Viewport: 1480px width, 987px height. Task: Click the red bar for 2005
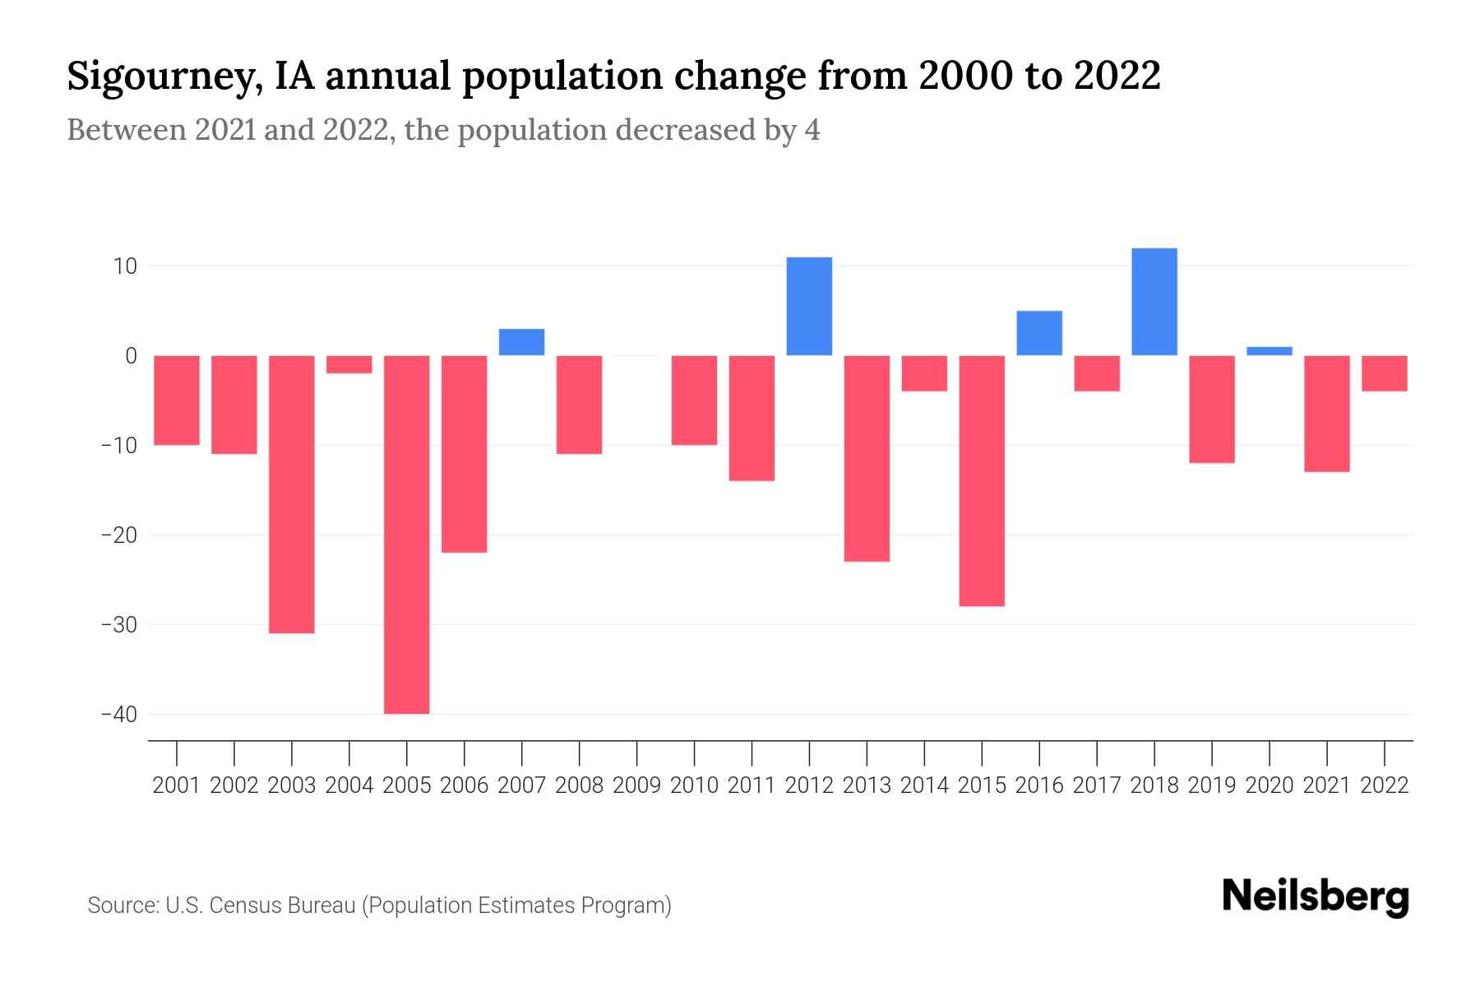point(406,535)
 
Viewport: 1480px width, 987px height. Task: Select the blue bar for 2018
point(1154,302)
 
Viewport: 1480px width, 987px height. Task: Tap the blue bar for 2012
point(809,306)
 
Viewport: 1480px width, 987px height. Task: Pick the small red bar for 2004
point(349,364)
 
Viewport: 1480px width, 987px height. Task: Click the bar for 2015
point(982,481)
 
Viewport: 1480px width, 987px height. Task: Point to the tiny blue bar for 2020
point(1269,351)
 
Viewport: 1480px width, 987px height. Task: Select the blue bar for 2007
point(521,342)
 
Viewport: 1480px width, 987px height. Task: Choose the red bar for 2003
point(292,493)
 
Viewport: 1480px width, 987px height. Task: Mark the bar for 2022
point(1384,373)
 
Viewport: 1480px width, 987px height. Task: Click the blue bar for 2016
point(1039,333)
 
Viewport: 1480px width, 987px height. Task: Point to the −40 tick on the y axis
point(119,714)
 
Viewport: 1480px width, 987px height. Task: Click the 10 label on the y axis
point(125,266)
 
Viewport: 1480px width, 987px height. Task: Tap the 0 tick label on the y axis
point(131,356)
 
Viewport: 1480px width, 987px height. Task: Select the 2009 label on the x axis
point(636,785)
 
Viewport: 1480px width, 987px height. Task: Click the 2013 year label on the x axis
point(867,785)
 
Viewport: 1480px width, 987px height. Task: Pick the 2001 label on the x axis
point(177,785)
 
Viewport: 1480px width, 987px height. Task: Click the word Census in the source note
point(244,906)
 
